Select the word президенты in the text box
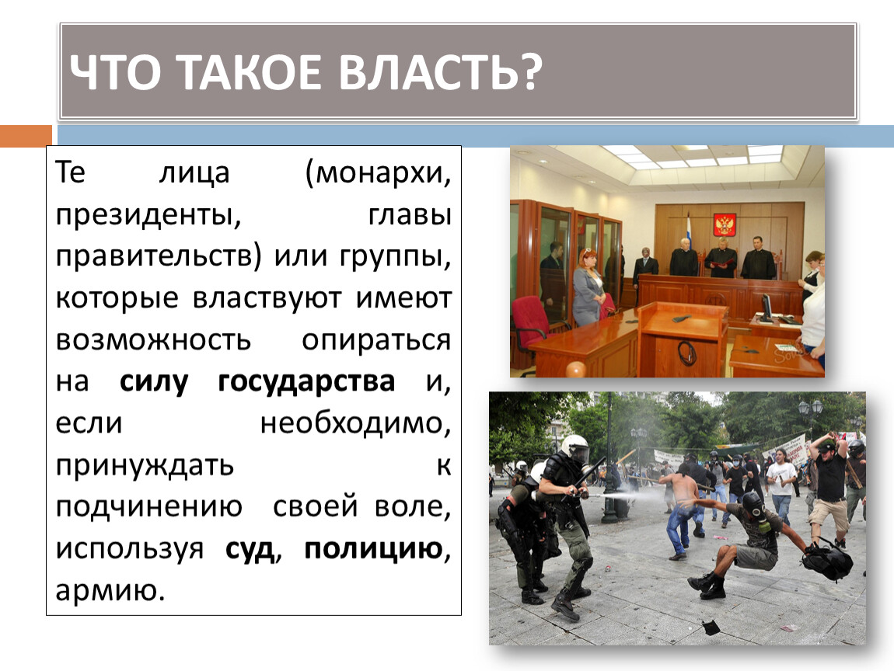(148, 216)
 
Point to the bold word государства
(306, 382)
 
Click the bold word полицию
(373, 549)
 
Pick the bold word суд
(250, 549)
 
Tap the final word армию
(110, 591)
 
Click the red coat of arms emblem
(725, 224)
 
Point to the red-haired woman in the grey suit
(588, 287)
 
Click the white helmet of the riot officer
(574, 448)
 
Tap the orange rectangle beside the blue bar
(26, 136)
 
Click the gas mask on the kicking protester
(753, 504)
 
